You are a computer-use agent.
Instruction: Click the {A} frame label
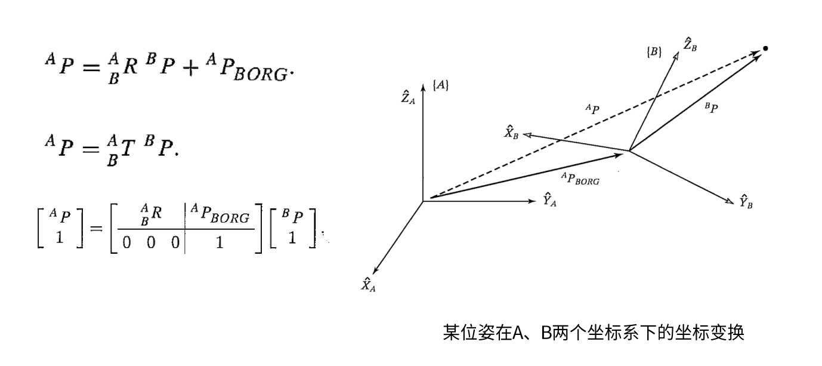click(x=441, y=86)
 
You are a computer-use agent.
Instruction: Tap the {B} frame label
click(x=654, y=52)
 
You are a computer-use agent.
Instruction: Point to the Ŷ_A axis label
click(x=549, y=200)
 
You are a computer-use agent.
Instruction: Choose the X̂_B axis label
click(x=512, y=131)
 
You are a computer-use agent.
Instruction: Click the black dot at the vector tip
click(x=765, y=48)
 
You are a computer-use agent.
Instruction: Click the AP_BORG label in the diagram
click(x=579, y=178)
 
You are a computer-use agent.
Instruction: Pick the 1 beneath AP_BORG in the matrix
click(x=220, y=243)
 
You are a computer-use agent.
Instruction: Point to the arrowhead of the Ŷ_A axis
click(x=533, y=201)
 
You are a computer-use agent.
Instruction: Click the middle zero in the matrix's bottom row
click(x=152, y=243)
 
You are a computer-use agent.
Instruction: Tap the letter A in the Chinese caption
click(x=517, y=332)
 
